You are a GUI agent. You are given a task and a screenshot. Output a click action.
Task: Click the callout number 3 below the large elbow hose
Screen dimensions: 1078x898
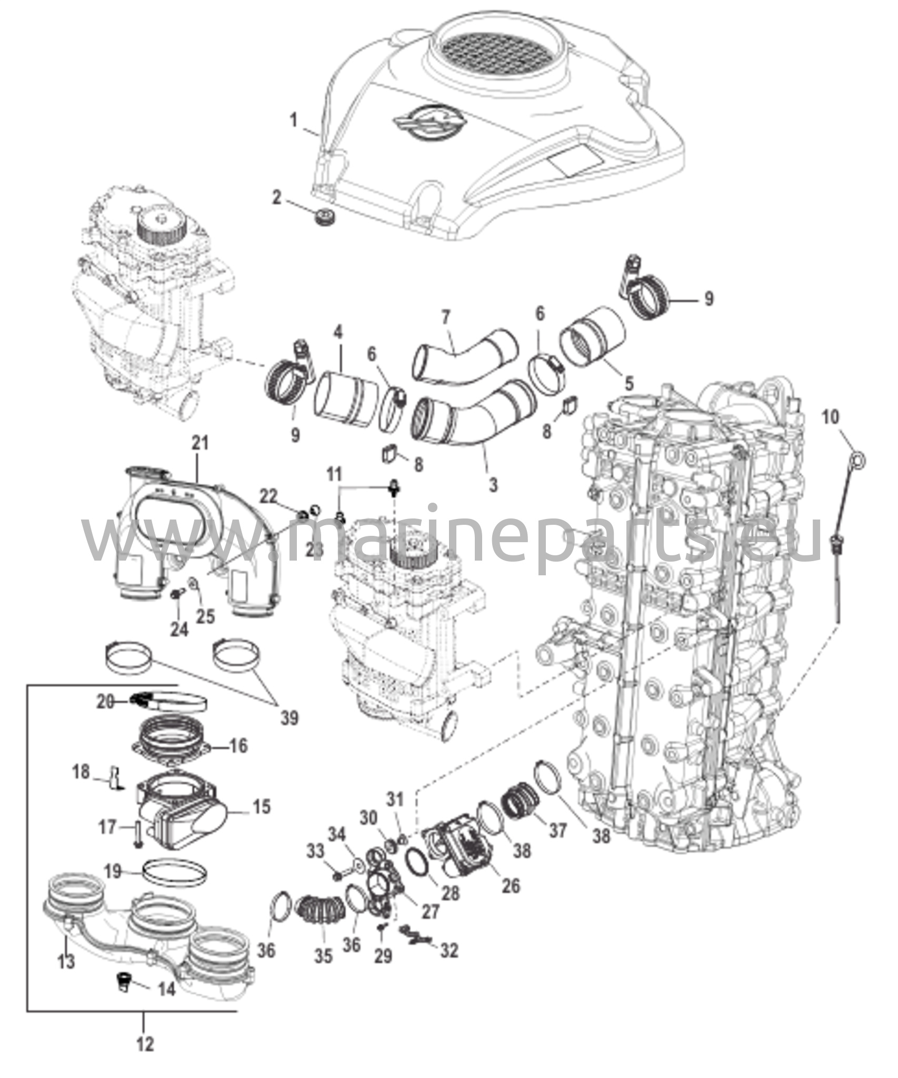click(x=493, y=485)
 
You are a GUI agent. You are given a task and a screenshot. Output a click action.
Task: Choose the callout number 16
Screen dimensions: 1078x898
click(x=238, y=746)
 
